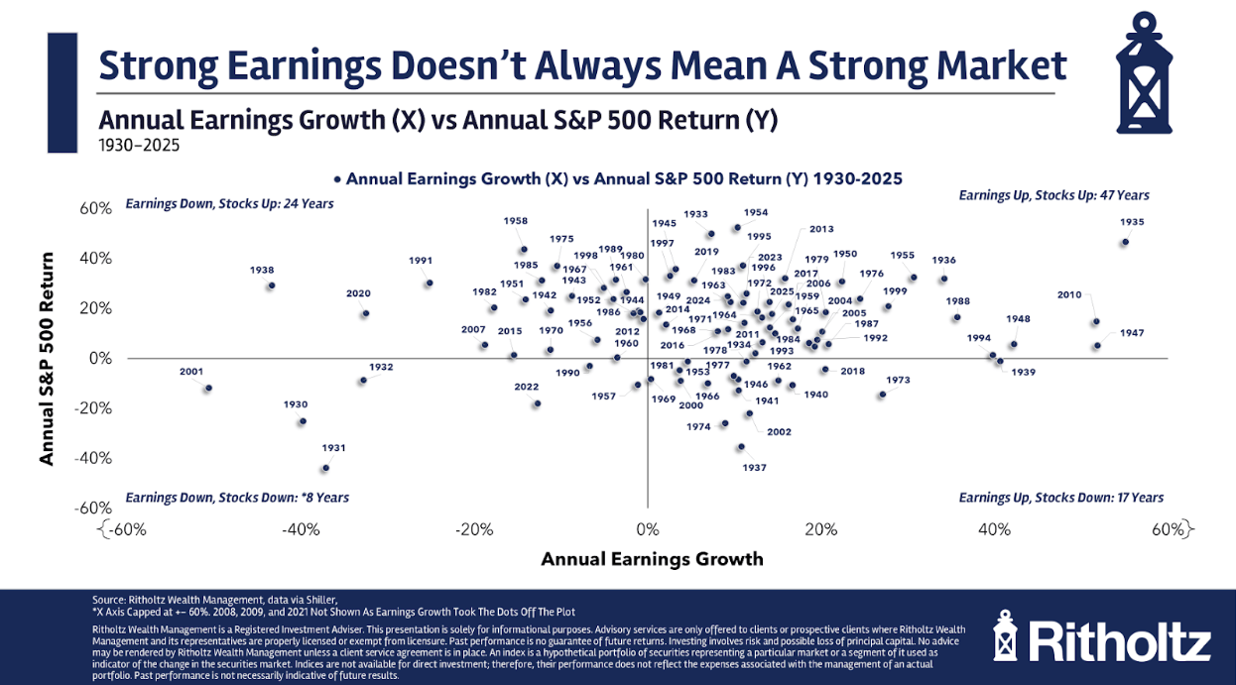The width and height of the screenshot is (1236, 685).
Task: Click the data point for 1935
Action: pyautogui.click(x=1125, y=242)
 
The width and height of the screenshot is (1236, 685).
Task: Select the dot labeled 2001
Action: pyautogui.click(x=208, y=389)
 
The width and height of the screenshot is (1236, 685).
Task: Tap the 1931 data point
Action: pyautogui.click(x=325, y=468)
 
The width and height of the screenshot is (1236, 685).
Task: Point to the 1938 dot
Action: pyautogui.click(x=271, y=285)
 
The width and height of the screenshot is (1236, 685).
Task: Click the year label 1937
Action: pyautogui.click(x=755, y=467)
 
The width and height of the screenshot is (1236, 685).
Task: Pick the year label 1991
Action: pyautogui.click(x=421, y=261)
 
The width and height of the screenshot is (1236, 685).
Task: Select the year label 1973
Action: pyautogui.click(x=898, y=381)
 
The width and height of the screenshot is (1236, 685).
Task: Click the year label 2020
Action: pyautogui.click(x=358, y=293)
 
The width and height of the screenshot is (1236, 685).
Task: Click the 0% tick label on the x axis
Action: pyautogui.click(x=647, y=530)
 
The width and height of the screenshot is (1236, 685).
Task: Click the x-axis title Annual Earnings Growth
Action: pyautogui.click(x=652, y=559)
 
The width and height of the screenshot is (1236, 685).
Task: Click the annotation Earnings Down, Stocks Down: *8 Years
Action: pyautogui.click(x=237, y=498)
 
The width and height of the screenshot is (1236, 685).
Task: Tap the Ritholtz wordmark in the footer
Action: pyautogui.click(x=1118, y=639)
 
